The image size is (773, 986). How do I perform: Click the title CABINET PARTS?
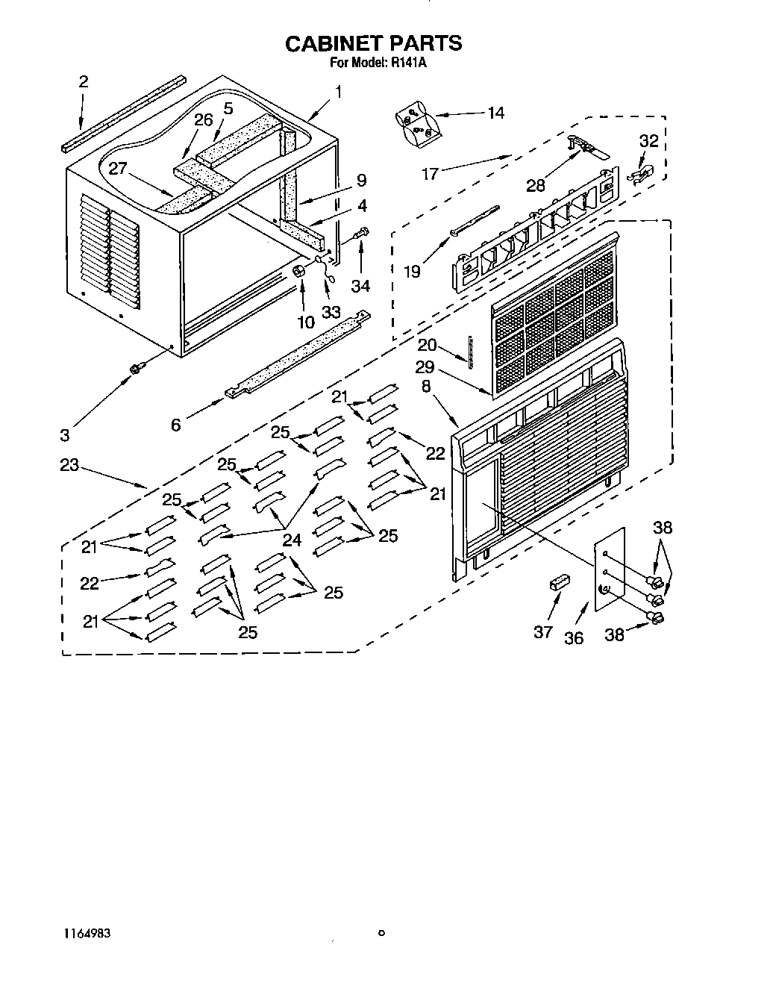point(374,43)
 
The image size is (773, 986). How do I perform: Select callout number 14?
point(495,113)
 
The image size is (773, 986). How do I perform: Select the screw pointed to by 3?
point(137,368)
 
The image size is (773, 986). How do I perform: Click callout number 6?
point(176,425)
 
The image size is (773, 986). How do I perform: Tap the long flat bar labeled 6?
point(298,355)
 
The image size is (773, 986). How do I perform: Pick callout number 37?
point(542,631)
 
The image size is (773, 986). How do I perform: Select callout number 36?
point(574,638)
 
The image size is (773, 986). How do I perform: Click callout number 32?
point(649,140)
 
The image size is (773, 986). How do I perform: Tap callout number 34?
point(361,285)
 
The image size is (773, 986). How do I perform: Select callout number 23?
point(69,465)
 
